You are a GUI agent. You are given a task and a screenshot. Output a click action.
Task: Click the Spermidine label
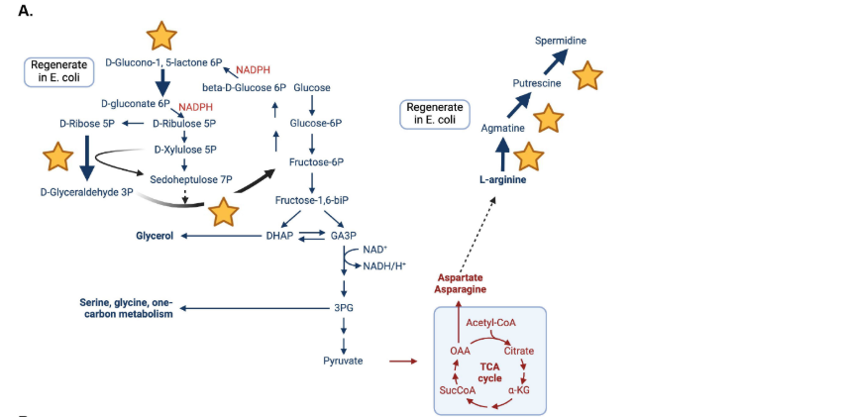click(x=561, y=41)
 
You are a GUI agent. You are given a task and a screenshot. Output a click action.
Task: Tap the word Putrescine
click(x=536, y=84)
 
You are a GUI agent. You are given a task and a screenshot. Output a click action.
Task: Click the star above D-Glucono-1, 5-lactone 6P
click(x=161, y=36)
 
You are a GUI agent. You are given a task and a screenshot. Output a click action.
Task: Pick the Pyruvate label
click(x=343, y=361)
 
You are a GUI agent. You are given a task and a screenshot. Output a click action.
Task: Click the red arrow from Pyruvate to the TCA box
click(x=402, y=361)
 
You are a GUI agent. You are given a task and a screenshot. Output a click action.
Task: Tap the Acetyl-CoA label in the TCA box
click(x=491, y=323)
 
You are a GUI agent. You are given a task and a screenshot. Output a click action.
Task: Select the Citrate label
click(x=519, y=352)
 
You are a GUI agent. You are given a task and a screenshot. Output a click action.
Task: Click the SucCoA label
click(x=458, y=391)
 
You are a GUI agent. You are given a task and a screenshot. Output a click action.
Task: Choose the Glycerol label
click(x=155, y=236)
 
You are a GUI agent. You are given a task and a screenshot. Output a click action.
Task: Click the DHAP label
click(x=278, y=236)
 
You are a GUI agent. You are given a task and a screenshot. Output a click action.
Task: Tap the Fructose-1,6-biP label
click(x=312, y=200)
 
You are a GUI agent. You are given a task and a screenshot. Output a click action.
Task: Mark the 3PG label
click(x=344, y=308)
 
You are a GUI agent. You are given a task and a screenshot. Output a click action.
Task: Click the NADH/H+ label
click(x=384, y=265)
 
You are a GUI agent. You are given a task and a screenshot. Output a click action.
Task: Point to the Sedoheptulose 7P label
click(x=191, y=179)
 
